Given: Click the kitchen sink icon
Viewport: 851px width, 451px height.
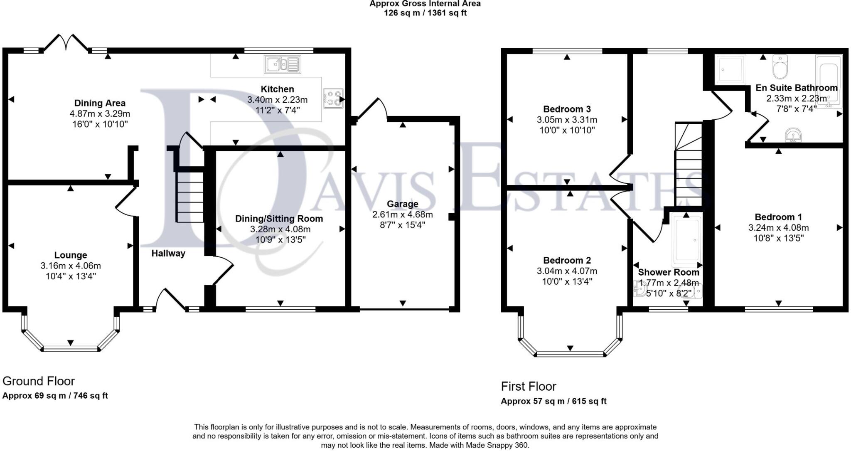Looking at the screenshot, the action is (x=282, y=64).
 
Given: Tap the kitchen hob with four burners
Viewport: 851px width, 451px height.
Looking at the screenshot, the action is (x=333, y=98).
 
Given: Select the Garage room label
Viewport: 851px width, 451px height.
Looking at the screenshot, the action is (x=402, y=204).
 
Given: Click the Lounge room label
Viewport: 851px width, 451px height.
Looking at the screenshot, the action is (x=71, y=255).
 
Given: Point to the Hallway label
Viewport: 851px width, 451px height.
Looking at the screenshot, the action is (x=168, y=253).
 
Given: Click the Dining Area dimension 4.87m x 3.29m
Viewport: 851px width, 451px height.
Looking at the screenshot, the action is (x=100, y=113).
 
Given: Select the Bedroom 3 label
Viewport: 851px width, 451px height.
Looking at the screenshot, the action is (x=567, y=109).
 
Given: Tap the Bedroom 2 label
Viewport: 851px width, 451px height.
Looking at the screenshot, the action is (x=567, y=261).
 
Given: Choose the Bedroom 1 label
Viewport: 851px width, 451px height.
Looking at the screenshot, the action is (x=778, y=217).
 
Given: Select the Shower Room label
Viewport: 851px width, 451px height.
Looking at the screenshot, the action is (x=669, y=272).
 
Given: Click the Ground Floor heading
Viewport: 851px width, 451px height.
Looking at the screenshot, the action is (x=39, y=381).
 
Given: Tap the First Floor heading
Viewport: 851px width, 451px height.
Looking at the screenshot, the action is (x=529, y=387).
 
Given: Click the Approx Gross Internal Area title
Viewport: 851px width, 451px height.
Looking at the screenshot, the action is (x=425, y=4).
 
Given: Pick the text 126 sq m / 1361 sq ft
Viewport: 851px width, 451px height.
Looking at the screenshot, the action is (x=425, y=13).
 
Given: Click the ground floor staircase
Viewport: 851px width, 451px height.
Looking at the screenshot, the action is (x=190, y=197).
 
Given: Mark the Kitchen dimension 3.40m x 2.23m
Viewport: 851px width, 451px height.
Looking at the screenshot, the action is (x=277, y=100).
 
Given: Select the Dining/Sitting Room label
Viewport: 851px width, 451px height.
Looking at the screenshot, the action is (x=279, y=219).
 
